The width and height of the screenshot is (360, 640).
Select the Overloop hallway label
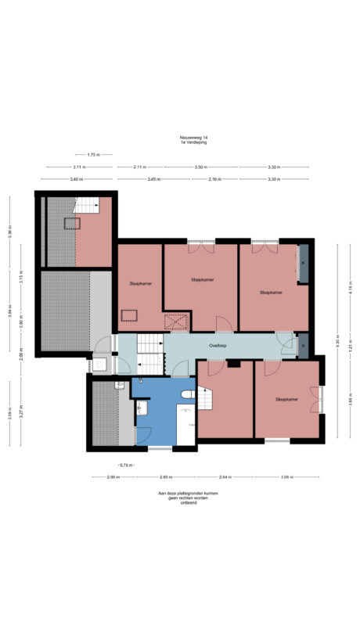(x=218, y=345)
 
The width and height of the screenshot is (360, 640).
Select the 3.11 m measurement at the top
(x=79, y=167)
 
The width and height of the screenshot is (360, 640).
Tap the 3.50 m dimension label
(x=200, y=167)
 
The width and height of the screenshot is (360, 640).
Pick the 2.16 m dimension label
(x=214, y=179)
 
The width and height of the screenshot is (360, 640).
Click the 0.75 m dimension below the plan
(x=124, y=465)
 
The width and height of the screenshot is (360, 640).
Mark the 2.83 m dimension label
(x=166, y=476)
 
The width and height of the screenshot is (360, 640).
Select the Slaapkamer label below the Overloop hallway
(x=287, y=399)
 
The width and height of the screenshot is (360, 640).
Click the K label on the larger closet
(x=304, y=263)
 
